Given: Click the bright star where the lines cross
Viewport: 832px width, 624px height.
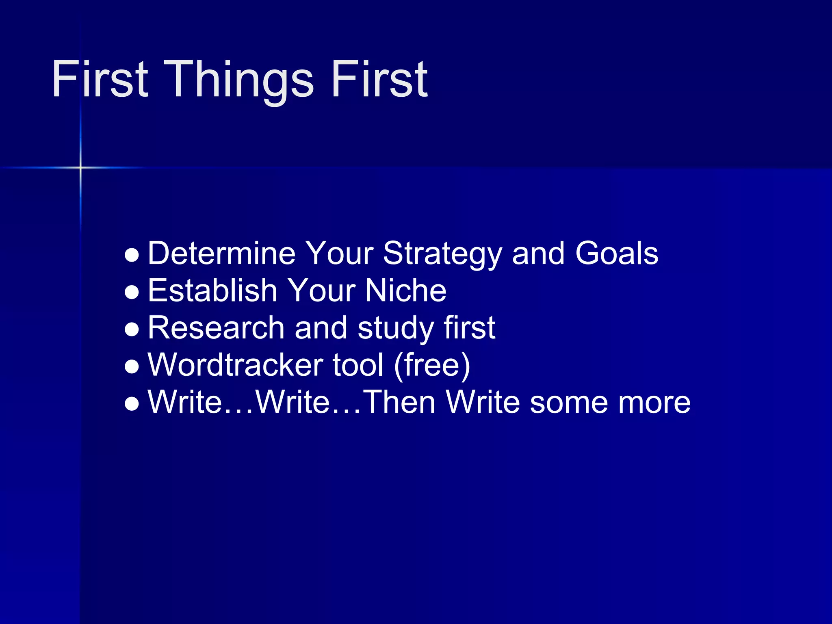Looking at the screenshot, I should click(80, 167).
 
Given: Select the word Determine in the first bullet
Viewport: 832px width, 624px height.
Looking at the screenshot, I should click(221, 253).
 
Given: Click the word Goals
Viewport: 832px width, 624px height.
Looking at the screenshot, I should click(617, 253).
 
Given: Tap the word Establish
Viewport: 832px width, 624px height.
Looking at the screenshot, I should click(212, 290).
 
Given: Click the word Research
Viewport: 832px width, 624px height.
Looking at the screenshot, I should click(216, 328).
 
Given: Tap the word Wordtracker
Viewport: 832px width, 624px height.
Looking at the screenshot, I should click(235, 365).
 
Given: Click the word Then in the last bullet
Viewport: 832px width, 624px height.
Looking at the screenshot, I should click(399, 402).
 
